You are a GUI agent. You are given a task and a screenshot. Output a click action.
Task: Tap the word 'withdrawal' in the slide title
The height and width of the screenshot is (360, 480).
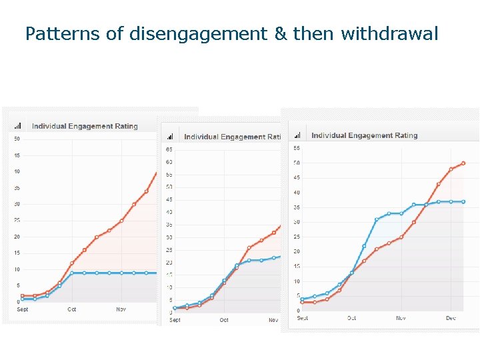[389, 33]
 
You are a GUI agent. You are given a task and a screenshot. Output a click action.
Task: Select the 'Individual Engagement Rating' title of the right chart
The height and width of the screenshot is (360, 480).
[364, 135]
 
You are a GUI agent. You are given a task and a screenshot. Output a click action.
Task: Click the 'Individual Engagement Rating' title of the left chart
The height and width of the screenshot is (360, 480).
[85, 126]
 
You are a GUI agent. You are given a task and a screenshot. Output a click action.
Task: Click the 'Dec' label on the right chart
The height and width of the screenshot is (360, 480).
[451, 318]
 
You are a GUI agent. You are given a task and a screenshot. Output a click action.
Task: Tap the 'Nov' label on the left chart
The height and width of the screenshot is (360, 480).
[121, 309]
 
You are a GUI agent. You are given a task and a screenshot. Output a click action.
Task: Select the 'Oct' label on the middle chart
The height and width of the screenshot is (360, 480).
[224, 320]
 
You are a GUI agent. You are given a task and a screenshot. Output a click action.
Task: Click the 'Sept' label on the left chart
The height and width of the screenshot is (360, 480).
[23, 309]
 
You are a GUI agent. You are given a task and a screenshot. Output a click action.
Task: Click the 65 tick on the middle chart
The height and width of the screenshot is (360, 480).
[169, 149]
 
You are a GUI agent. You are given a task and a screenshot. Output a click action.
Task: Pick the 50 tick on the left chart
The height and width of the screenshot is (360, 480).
[17, 139]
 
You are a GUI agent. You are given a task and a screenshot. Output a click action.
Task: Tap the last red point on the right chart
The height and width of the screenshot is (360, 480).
[463, 163]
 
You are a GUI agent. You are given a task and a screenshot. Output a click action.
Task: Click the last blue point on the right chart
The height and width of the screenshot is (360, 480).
[463, 201]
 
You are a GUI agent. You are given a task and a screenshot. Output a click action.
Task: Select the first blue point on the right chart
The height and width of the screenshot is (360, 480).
[303, 299]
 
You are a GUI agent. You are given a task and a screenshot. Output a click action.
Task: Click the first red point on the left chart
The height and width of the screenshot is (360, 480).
[23, 295]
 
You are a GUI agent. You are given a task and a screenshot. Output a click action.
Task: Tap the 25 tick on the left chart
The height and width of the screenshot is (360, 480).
[17, 221]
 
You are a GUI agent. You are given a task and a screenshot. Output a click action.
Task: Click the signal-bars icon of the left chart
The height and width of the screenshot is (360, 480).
[18, 126]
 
